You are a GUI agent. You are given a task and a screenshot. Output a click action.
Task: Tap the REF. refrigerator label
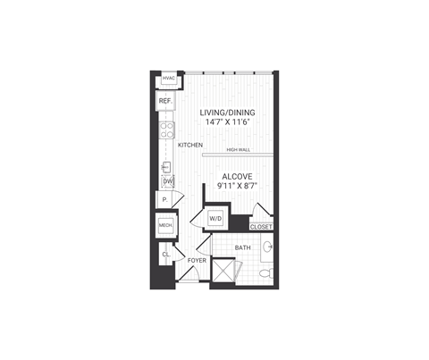pyautogui.click(x=165, y=102)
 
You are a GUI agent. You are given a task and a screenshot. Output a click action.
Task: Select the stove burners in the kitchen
pyautogui.click(x=165, y=131)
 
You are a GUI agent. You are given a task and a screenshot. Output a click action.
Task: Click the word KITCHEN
pyautogui.click(x=190, y=145)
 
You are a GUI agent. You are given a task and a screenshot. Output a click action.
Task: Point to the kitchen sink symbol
pyautogui.click(x=166, y=166)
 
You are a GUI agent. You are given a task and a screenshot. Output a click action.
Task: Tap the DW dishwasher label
pyautogui.click(x=167, y=182)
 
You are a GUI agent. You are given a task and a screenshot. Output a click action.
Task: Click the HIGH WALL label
pyautogui.click(x=239, y=150)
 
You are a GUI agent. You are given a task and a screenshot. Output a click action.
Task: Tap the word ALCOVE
pyautogui.click(x=236, y=177)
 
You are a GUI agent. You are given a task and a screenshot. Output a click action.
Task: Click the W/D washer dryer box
pyautogui.click(x=215, y=219)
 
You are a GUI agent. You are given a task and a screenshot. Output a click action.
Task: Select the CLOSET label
pyautogui.click(x=261, y=228)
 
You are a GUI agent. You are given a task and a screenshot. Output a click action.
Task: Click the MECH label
pyautogui.click(x=165, y=227)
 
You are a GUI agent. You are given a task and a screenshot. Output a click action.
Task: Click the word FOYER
pyautogui.click(x=196, y=260)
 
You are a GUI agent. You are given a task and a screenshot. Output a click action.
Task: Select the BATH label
pyautogui.click(x=242, y=247)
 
